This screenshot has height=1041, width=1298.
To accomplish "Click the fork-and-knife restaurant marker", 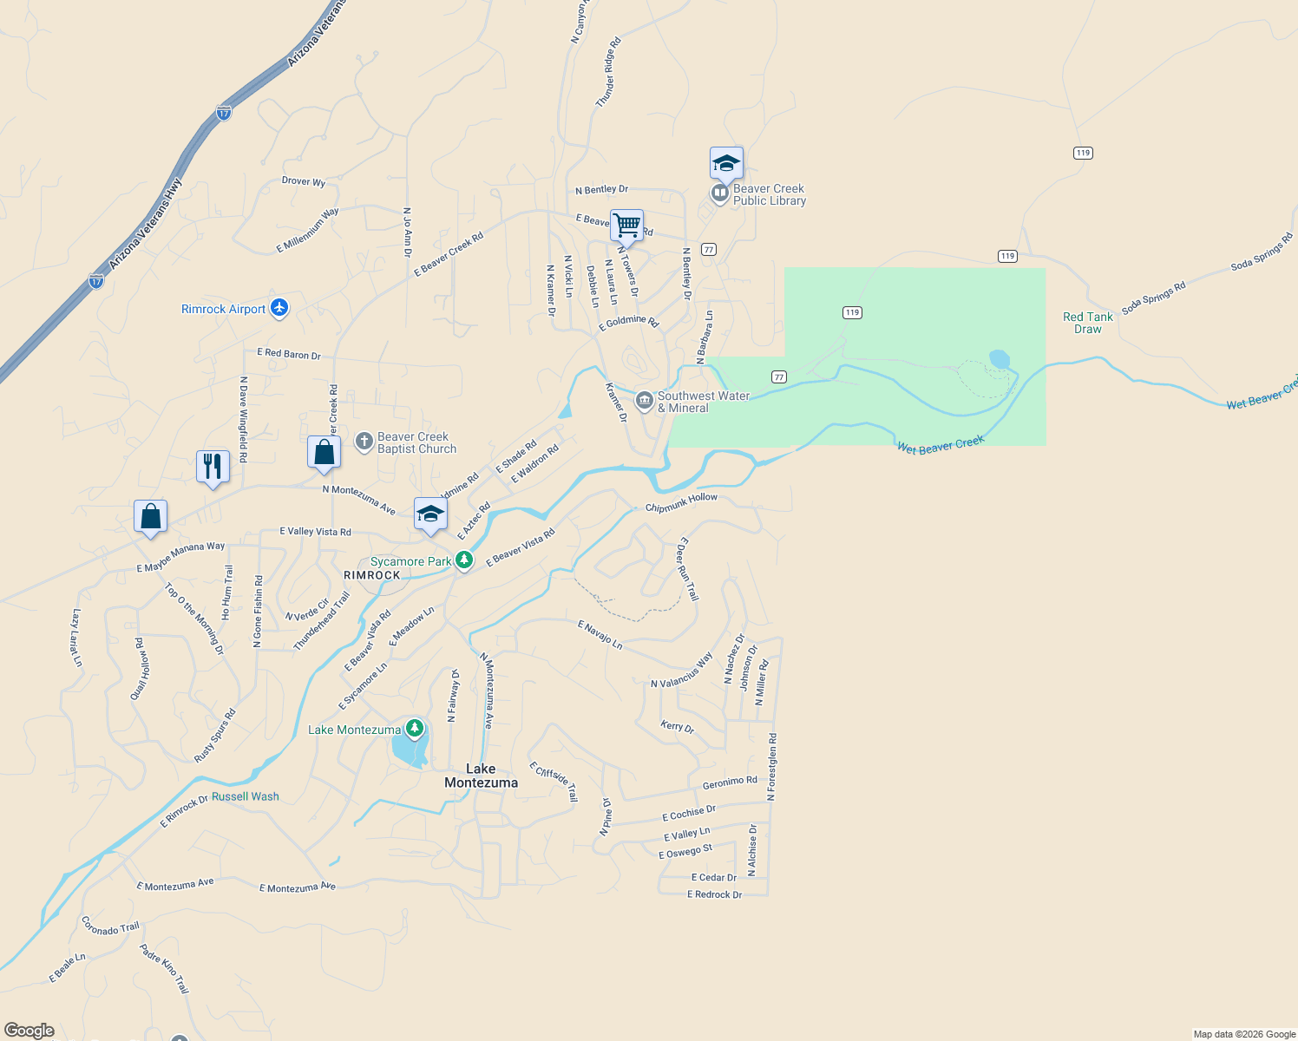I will click(213, 467).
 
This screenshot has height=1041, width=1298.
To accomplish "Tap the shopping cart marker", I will click(626, 226).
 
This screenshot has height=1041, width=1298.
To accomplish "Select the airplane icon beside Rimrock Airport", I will click(279, 308).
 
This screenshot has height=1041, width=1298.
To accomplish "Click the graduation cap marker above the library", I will click(726, 163).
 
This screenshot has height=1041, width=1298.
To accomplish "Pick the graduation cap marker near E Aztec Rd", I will click(430, 514).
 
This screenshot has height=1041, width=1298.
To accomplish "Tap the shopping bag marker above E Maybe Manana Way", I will click(151, 516).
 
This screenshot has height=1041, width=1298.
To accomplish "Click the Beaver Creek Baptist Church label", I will click(416, 442).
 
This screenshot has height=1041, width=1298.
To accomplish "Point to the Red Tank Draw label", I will click(1087, 323).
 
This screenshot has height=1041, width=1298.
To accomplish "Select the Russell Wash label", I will click(246, 796).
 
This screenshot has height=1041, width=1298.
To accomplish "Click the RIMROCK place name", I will click(372, 575).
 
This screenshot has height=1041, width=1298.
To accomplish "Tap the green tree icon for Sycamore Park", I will click(464, 560).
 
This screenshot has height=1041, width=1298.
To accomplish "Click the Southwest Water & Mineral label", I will click(703, 402).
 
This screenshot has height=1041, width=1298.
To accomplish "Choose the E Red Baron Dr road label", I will click(289, 354).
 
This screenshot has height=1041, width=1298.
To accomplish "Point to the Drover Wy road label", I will click(304, 181).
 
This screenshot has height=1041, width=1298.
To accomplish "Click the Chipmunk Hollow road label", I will click(681, 502).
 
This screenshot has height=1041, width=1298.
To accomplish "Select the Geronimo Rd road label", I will click(730, 782).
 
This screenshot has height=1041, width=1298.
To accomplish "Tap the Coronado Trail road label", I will click(110, 926).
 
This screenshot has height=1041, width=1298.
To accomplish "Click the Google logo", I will click(29, 1030).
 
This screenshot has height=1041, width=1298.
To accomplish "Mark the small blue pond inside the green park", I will click(1000, 358).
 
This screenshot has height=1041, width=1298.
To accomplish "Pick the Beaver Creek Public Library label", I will click(769, 194).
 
